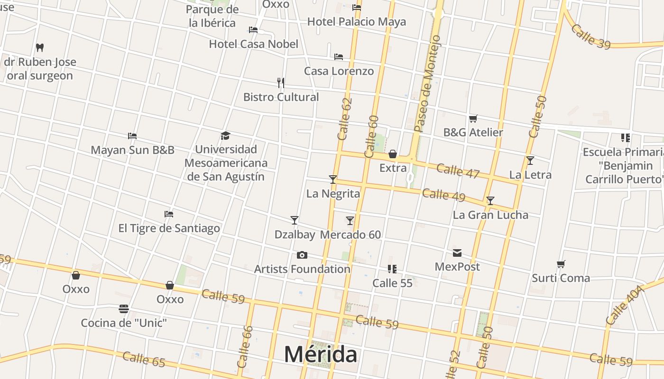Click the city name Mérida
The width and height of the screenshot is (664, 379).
click(321, 354)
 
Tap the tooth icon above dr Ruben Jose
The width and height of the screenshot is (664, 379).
click(40, 47)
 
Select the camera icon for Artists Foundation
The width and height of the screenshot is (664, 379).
click(302, 255)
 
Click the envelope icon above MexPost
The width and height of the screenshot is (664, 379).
click(457, 253)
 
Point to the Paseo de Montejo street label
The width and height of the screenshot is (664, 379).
click(427, 84)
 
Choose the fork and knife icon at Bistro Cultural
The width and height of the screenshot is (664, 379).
click(281, 83)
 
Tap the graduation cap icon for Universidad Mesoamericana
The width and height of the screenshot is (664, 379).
click(225, 136)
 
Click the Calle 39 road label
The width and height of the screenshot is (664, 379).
click(590, 36)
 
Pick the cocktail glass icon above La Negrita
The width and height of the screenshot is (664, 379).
click(333, 179)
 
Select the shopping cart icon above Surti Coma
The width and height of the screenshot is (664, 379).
click(561, 264)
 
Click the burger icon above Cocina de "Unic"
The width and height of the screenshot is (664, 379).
click(124, 309)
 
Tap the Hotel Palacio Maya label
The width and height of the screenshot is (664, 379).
click(357, 22)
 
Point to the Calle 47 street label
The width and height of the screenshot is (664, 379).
click(458, 171)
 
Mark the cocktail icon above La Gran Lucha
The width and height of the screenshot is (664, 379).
click(490, 201)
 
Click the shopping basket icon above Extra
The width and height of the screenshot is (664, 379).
click(393, 154)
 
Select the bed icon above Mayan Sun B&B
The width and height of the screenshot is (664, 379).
click(132, 136)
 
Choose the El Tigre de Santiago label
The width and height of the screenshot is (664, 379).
click(169, 228)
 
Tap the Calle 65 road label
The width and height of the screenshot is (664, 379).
click(144, 360)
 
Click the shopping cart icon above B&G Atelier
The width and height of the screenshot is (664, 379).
click(473, 118)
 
